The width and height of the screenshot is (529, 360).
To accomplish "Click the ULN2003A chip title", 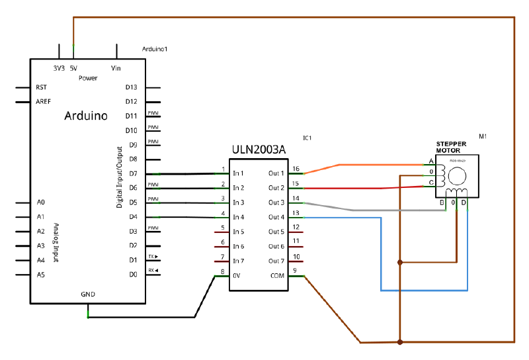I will point(259,150).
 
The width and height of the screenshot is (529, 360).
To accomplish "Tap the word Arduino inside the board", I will point(86,116).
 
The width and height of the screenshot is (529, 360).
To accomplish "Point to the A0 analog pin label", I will point(41,202).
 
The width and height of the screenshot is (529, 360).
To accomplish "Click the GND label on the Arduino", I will point(88,294).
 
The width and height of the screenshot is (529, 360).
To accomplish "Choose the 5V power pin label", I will point(73,68).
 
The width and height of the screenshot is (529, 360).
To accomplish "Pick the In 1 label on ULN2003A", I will point(239,174).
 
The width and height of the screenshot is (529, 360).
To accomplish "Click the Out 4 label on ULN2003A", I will point(276,218).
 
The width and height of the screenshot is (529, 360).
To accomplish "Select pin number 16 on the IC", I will point(296,169).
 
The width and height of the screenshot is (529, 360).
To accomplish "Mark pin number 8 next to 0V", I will point(222,271).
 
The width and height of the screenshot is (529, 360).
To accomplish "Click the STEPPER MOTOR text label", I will point(451,147).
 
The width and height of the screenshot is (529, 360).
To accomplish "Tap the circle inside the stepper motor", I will point(456,175).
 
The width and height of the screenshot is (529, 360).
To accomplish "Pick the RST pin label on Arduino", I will point(41,87).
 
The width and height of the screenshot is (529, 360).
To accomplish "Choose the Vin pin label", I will point(116,68).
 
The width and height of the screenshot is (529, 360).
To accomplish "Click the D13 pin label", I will point(131,87).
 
